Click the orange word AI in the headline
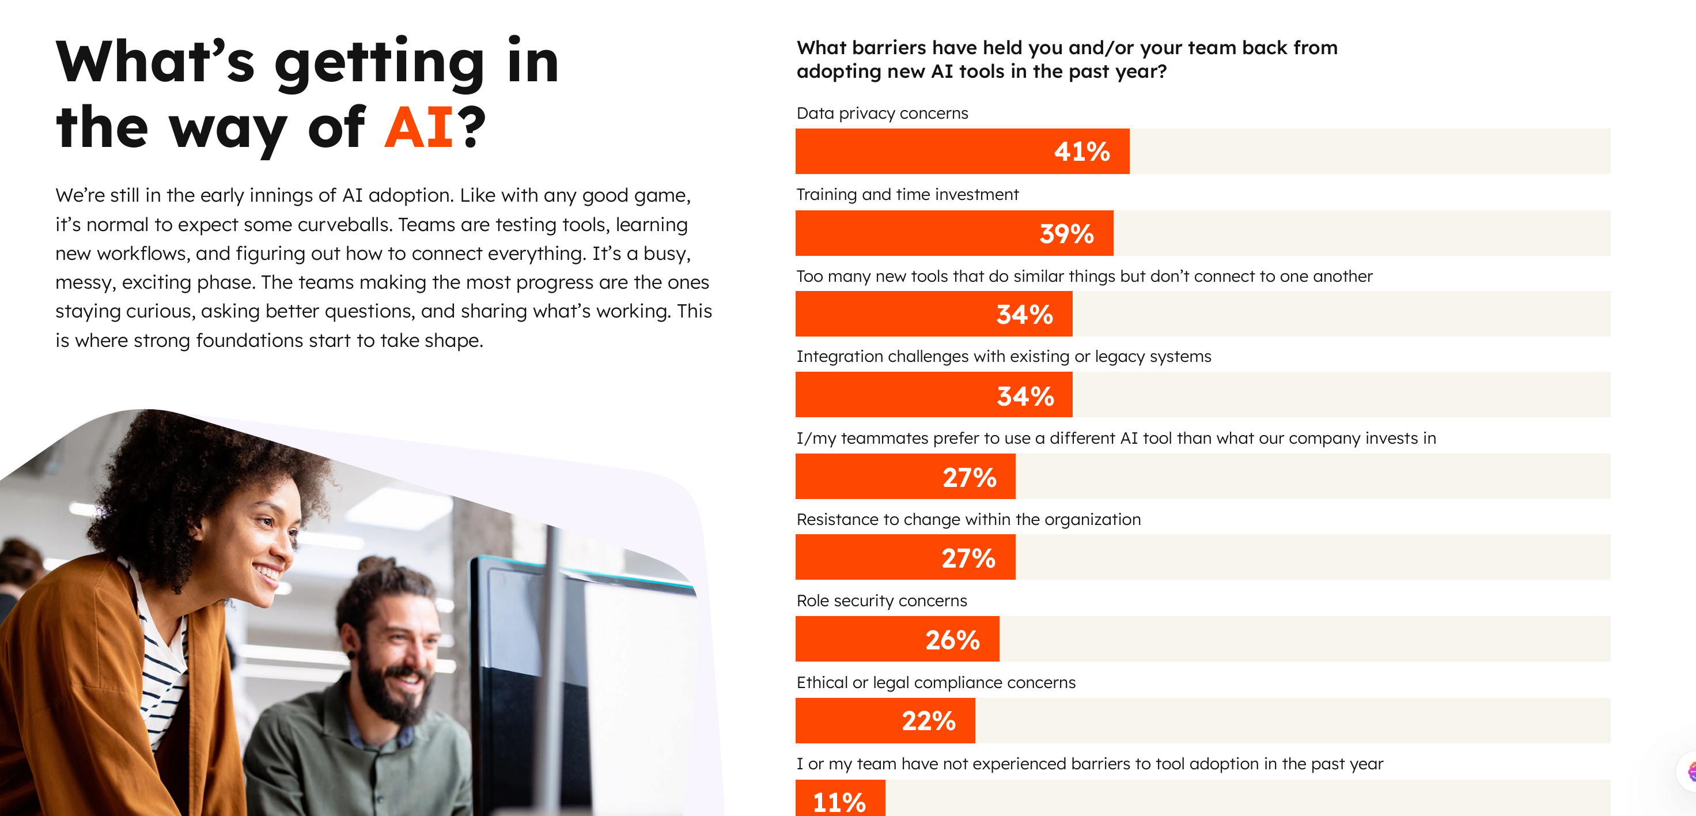(x=419, y=127)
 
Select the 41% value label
(x=1082, y=152)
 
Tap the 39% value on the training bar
(x=1066, y=234)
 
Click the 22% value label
(x=928, y=721)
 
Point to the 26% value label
(x=952, y=640)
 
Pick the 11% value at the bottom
(x=839, y=802)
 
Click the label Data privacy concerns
(x=881, y=114)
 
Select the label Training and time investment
(x=907, y=194)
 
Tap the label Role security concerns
(x=881, y=600)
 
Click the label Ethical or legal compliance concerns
(x=936, y=682)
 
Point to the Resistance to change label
(x=968, y=520)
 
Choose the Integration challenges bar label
(x=1003, y=356)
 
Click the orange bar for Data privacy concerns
(x=922, y=152)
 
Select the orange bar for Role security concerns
(x=856, y=640)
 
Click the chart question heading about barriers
(x=1066, y=59)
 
